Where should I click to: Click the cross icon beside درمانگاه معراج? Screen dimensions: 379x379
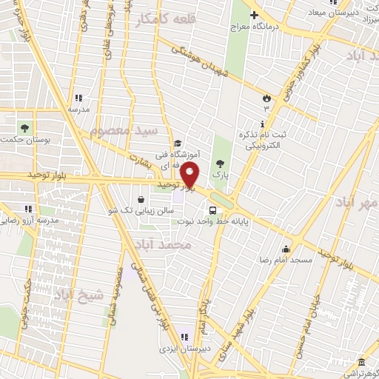[x=254, y=15]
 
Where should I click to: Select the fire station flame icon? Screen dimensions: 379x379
[x=266, y=98]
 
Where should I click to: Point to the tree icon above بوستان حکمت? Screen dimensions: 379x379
[x=26, y=126]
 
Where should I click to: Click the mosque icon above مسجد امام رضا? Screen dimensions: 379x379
[x=286, y=248]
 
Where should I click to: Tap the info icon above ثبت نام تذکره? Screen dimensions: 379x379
[x=263, y=124]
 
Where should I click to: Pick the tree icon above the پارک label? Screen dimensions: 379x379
[x=218, y=163]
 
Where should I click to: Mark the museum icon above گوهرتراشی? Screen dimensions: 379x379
[x=361, y=362]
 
